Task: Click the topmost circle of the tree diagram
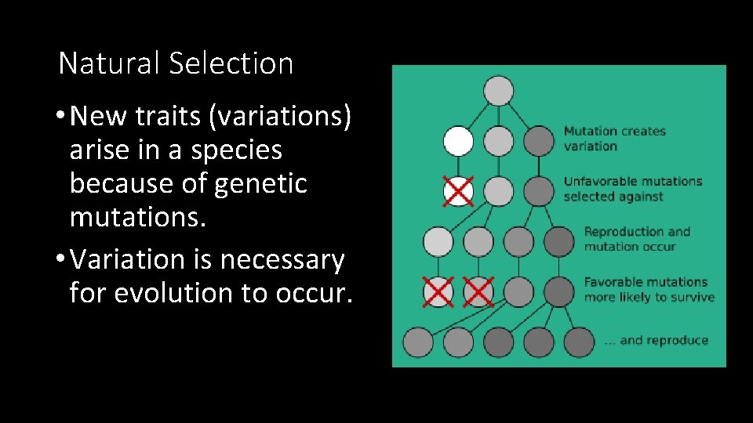point(498,90)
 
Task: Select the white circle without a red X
point(458,141)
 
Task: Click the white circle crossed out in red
point(458,191)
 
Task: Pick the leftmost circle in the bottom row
point(417,342)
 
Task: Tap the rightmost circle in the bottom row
point(579,342)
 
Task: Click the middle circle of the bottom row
point(498,342)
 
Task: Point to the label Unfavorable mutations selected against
point(632,189)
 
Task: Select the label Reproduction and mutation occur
point(636,239)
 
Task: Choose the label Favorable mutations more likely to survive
point(649,289)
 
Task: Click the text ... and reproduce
point(656,340)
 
